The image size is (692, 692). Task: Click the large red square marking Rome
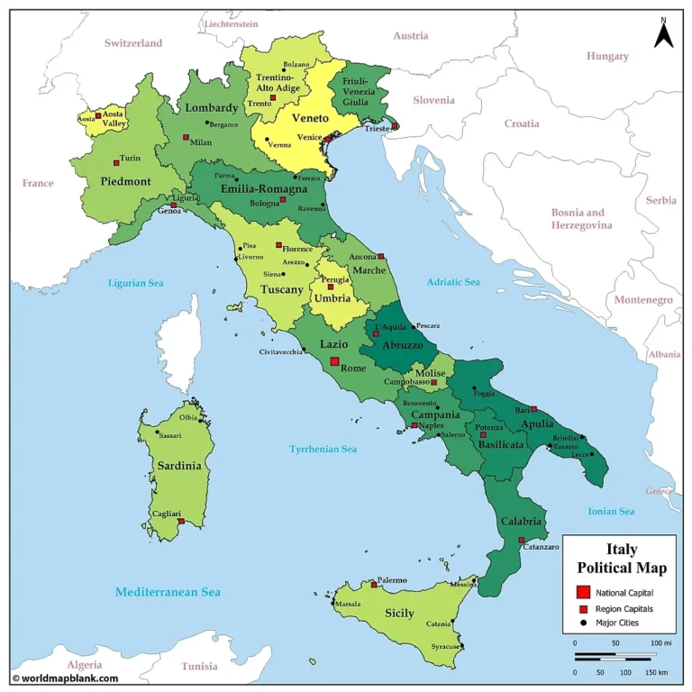[x=334, y=361]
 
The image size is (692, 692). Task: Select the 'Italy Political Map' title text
[x=622, y=558]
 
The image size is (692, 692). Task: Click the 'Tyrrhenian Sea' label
[x=323, y=449]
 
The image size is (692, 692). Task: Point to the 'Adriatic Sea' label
[x=453, y=282]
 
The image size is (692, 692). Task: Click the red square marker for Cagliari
[x=181, y=521]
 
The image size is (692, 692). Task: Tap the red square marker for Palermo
[x=374, y=585]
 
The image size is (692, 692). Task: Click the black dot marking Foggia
[x=475, y=388]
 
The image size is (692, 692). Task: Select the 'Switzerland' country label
[x=132, y=42]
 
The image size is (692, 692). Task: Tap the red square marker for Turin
[x=116, y=162]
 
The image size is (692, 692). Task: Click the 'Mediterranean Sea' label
[x=168, y=592]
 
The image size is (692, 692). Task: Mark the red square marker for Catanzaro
[x=522, y=541]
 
